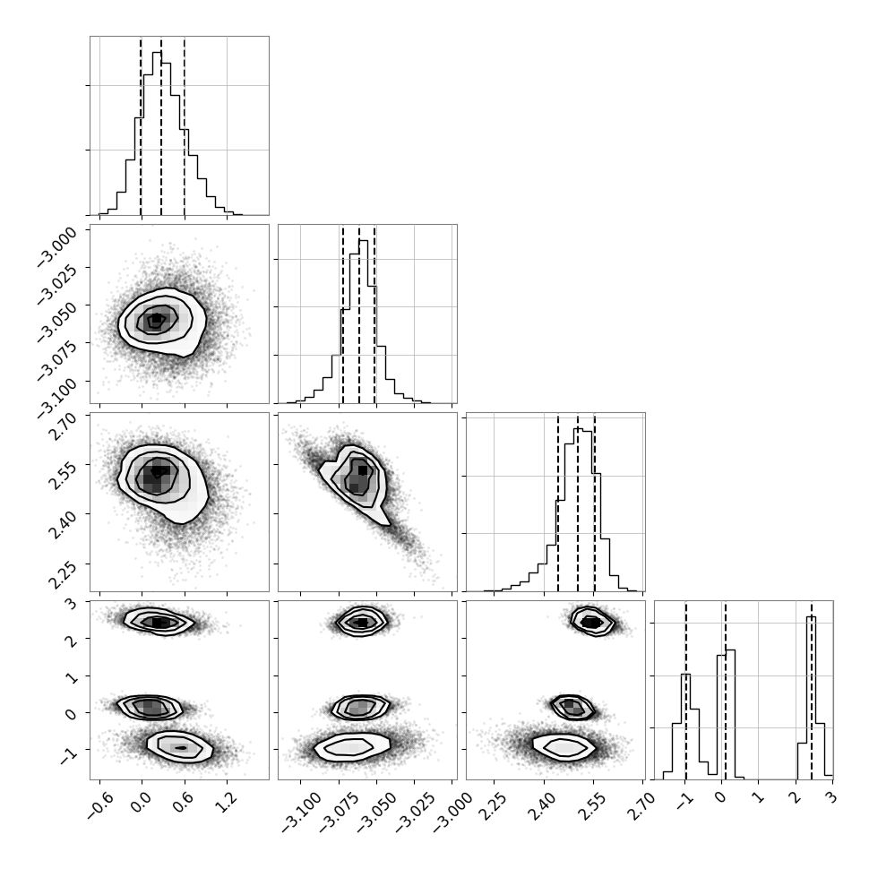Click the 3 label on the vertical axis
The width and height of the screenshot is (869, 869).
72,602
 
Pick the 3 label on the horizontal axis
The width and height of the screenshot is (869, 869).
832,798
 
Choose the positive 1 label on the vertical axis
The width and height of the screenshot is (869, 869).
72,676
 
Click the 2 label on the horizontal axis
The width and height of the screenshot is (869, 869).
796,798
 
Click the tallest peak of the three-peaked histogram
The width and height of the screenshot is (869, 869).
811,617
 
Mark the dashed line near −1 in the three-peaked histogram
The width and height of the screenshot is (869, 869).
686,690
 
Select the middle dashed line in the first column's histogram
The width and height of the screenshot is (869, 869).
161,125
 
